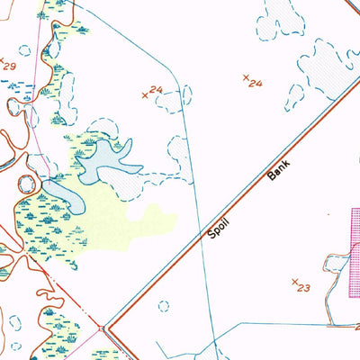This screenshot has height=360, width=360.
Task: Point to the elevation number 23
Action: pyautogui.click(x=302, y=289)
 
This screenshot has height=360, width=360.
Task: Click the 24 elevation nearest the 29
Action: pyautogui.click(x=156, y=90)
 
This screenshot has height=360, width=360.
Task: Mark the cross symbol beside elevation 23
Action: pyautogui.click(x=294, y=282)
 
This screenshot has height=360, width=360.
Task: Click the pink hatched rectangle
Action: pyautogui.click(x=355, y=252)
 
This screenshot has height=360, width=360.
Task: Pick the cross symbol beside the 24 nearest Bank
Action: pyautogui.click(x=246, y=77)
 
